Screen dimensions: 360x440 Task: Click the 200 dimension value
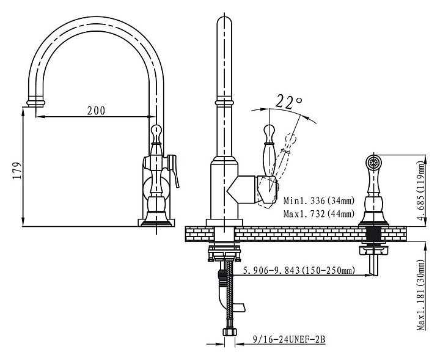coord(95,111)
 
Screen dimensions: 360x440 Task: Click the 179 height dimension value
coord(16,169)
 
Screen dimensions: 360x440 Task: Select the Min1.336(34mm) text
coord(319,200)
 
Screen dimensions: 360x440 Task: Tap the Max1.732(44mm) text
coord(319,214)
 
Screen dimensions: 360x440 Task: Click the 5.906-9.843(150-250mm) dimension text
coord(299,271)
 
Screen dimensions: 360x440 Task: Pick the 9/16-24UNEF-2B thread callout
coord(288,337)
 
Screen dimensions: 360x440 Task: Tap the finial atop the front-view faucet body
coord(156,131)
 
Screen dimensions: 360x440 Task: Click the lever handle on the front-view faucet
coord(175,172)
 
